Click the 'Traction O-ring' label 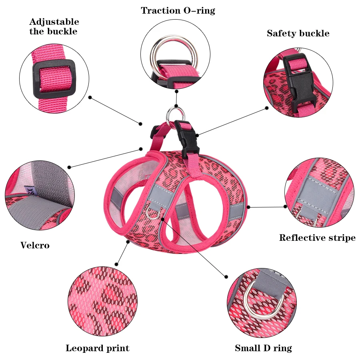pyautogui.click(x=178, y=11)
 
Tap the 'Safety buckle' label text pyautogui.click(x=298, y=34)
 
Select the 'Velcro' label pyautogui.click(x=35, y=245)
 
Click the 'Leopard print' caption pyautogui.click(x=97, y=348)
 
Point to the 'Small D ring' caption pyautogui.click(x=263, y=348)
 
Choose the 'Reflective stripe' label pyautogui.click(x=317, y=238)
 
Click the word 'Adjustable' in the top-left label pyautogui.click(x=54, y=22)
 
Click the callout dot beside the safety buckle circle pyautogui.click(x=267, y=108)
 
